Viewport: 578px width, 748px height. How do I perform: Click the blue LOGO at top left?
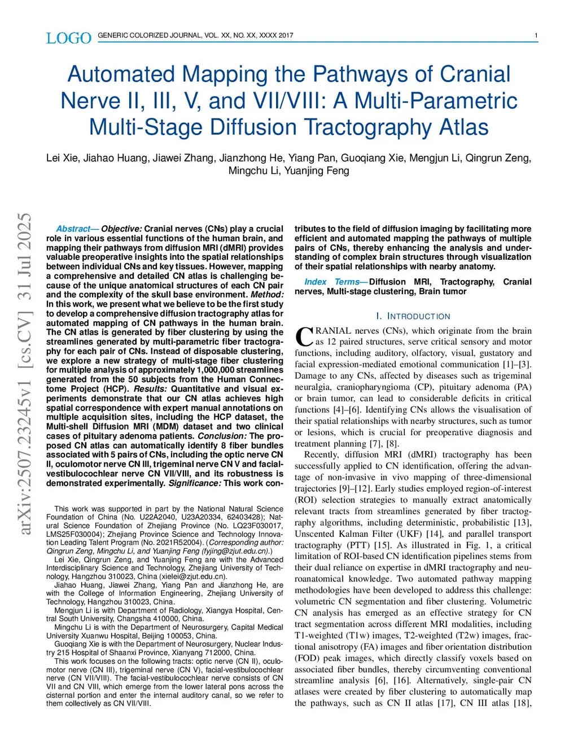[x=68, y=38]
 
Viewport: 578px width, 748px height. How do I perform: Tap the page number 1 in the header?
[x=536, y=36]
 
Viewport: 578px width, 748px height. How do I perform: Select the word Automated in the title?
[x=121, y=74]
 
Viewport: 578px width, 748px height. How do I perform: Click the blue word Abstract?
[x=73, y=229]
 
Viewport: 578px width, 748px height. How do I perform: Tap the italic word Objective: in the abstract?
[x=121, y=229]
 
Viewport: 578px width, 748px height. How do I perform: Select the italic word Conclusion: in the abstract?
[x=222, y=436]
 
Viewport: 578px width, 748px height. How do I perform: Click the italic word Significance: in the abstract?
[x=195, y=483]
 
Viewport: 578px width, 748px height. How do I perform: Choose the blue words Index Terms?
[x=332, y=282]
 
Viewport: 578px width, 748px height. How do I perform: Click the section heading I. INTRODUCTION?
[x=413, y=316]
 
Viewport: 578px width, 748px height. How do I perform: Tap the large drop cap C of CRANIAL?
[x=304, y=336]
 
